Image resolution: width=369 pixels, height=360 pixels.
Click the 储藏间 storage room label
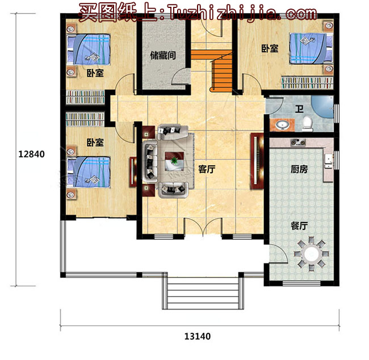click(163, 56)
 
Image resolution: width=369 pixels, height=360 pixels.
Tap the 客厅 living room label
click(207, 169)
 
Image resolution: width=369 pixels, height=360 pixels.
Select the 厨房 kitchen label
click(299, 169)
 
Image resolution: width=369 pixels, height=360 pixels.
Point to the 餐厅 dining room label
click(299, 226)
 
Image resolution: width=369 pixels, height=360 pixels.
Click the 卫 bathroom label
click(299, 109)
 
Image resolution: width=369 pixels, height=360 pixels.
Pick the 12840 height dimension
click(31, 154)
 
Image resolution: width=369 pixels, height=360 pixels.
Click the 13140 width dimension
click(197, 336)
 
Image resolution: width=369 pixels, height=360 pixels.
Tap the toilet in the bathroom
click(307, 124)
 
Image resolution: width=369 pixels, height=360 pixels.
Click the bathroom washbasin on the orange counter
click(282, 125)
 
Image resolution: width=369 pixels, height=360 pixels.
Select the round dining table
click(311, 254)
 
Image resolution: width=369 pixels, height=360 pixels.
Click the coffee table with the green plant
click(174, 161)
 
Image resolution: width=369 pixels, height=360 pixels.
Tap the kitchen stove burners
click(298, 142)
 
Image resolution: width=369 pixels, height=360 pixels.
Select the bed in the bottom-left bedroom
click(89, 172)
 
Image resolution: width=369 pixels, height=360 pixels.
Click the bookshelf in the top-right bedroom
click(307, 83)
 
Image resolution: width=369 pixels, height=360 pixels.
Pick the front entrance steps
click(203, 292)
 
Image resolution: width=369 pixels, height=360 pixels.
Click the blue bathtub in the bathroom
click(323, 106)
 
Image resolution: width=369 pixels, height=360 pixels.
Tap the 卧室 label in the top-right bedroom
click(270, 48)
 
